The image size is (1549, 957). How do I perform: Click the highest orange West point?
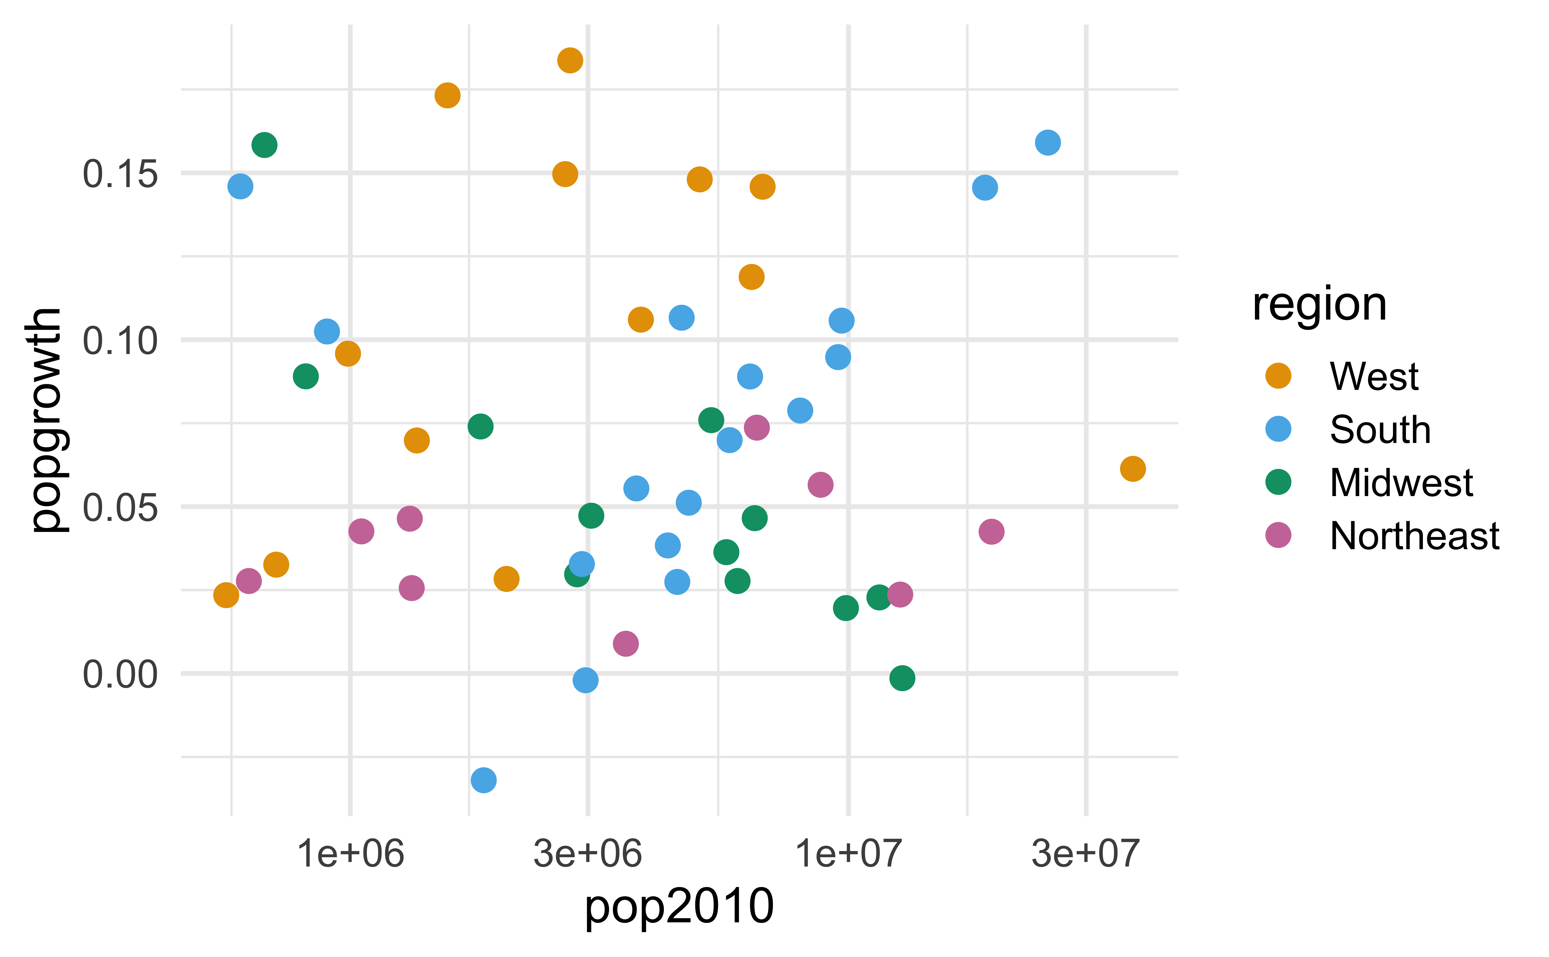(x=570, y=60)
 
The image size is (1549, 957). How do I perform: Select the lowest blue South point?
(x=484, y=780)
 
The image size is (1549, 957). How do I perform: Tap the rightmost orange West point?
(x=1132, y=469)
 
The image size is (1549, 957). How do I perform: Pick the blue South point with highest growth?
(x=1048, y=142)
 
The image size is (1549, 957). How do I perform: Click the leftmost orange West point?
(x=226, y=595)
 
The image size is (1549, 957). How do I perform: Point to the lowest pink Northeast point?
(x=626, y=644)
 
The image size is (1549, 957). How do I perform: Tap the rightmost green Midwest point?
(x=902, y=678)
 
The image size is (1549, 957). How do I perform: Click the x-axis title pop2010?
(x=679, y=906)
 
